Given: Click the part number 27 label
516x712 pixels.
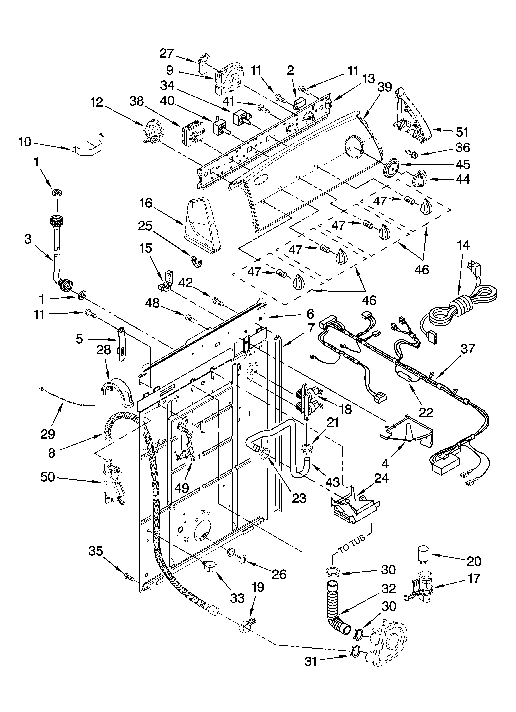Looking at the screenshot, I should [166, 53].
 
